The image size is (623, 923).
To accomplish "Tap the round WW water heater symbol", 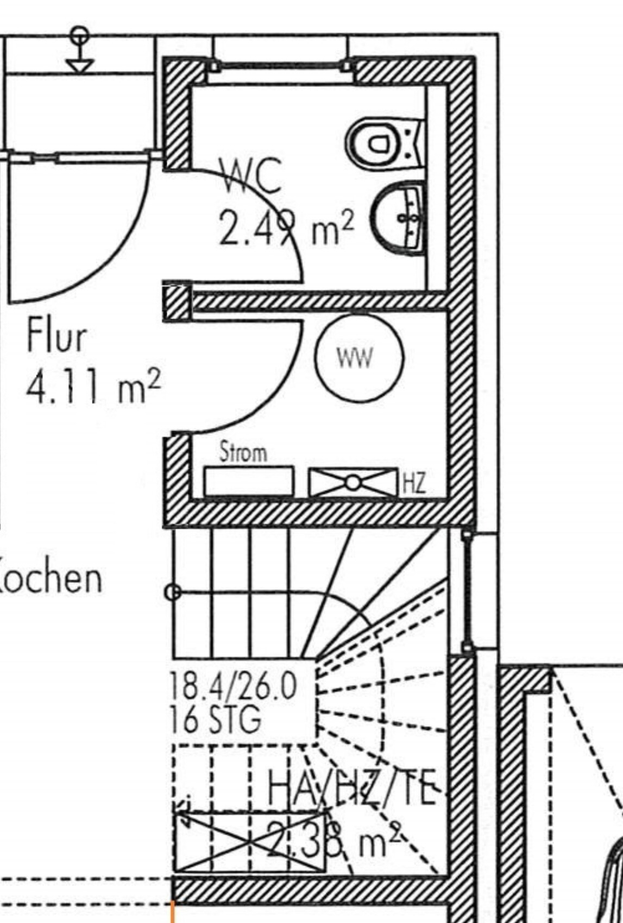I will tap(359, 358).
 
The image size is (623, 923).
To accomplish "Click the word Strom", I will tap(243, 452).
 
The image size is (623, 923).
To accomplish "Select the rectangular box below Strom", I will tap(249, 481).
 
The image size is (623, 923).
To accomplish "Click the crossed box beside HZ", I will tap(353, 482).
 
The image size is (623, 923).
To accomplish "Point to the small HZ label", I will tap(414, 483).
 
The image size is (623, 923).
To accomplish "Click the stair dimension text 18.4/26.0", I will tap(233, 686).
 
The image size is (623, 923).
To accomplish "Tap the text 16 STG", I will tap(215, 720).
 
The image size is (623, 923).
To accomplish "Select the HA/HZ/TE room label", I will tap(352, 787).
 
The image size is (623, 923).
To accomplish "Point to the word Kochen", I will tap(49, 578).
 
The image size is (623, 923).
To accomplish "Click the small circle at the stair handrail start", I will tap(173, 591).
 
